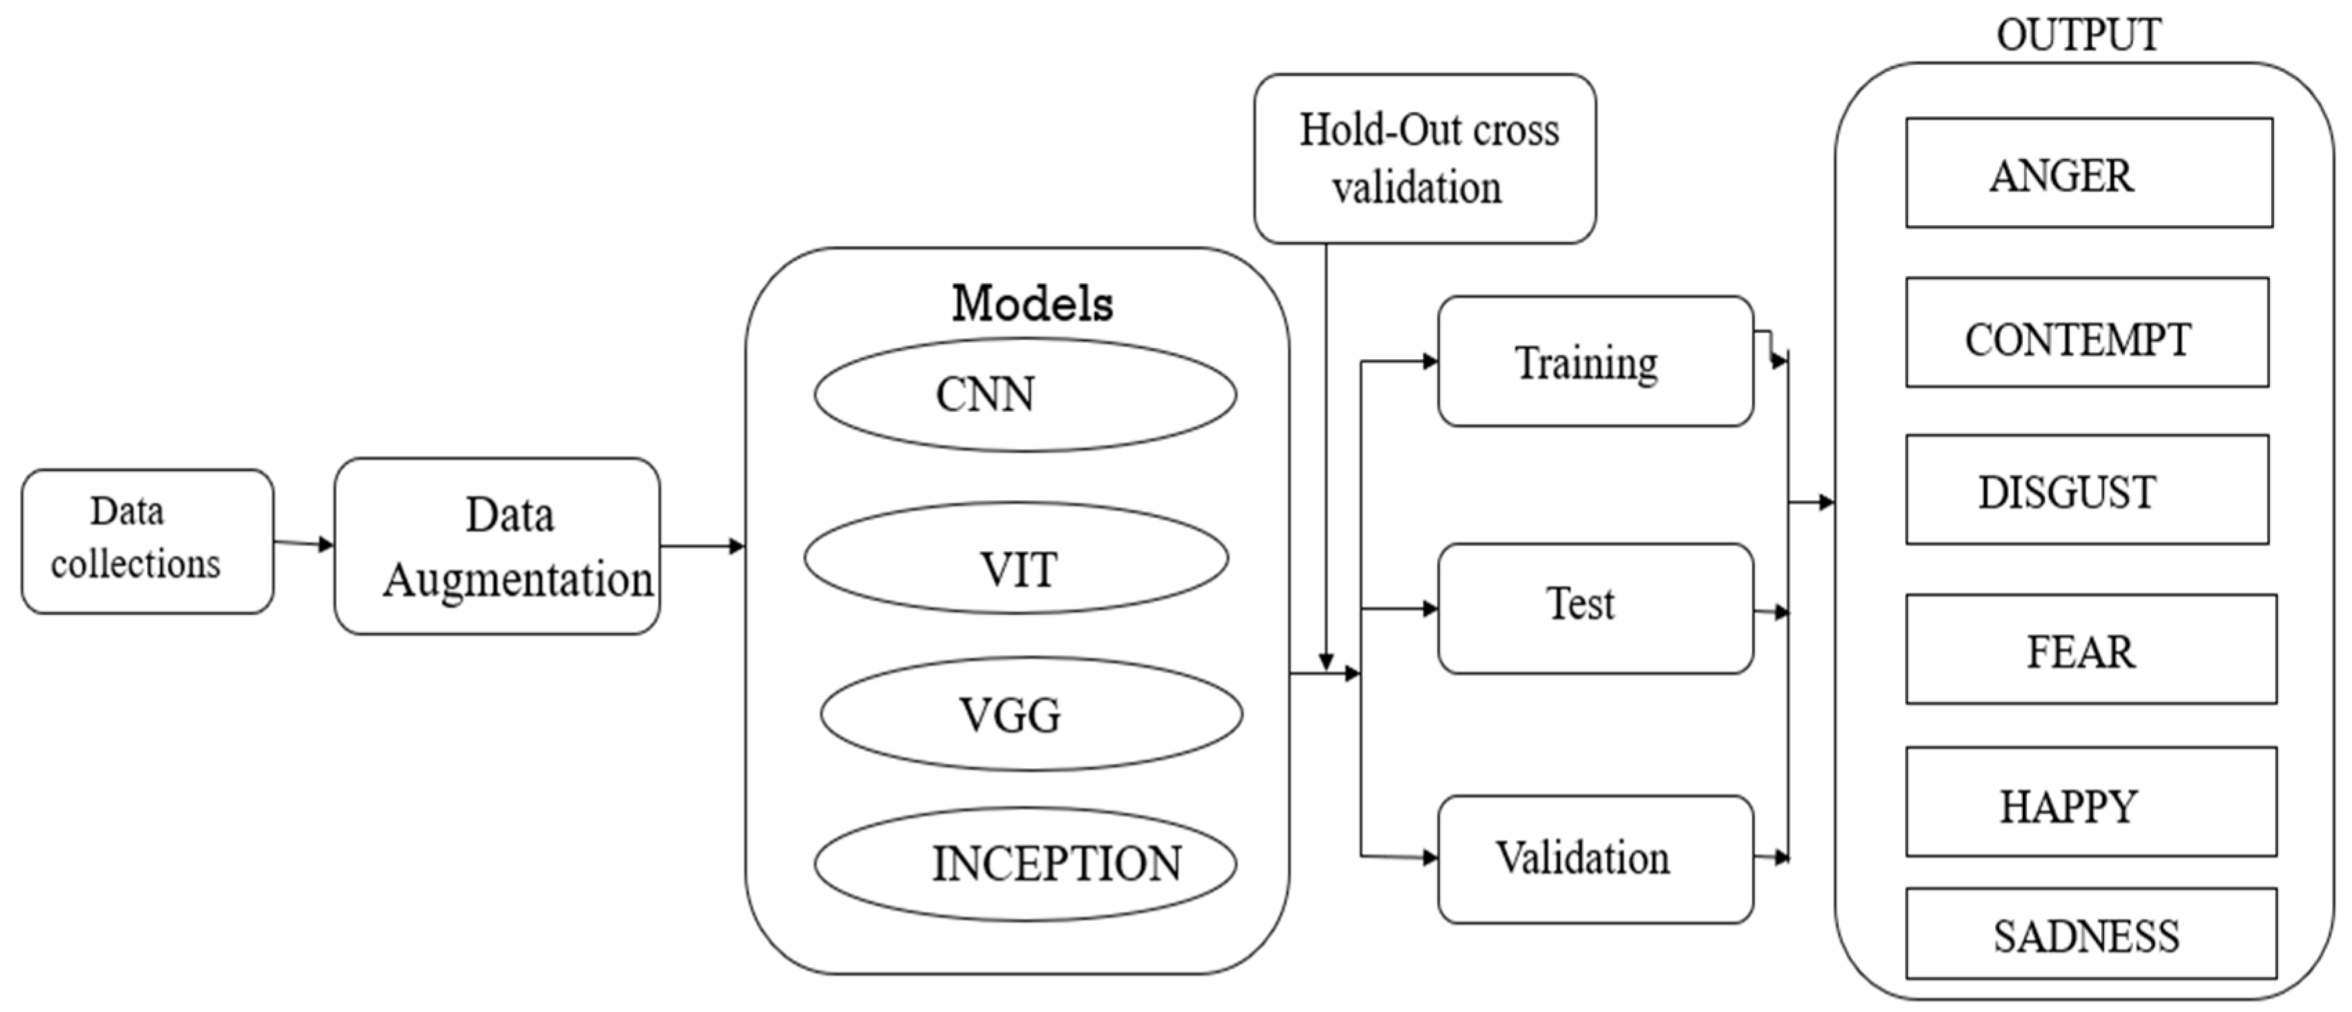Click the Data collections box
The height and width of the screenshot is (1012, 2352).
click(x=147, y=541)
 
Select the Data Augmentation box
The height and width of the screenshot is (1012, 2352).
click(x=496, y=546)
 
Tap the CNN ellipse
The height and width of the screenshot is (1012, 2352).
click(x=1024, y=394)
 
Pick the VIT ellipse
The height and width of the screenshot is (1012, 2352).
click(x=1015, y=557)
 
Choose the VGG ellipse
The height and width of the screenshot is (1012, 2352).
click(x=1030, y=714)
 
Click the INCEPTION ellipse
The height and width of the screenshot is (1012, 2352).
click(x=1024, y=863)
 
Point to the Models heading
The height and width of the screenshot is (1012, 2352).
click(x=1032, y=303)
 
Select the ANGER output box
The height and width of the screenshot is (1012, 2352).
click(x=2088, y=173)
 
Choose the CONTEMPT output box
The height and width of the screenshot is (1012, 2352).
click(x=2086, y=332)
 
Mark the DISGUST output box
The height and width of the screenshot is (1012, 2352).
click(x=2086, y=490)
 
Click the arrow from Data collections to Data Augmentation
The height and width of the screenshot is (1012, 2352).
click(x=304, y=544)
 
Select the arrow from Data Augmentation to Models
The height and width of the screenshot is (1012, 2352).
click(x=701, y=546)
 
